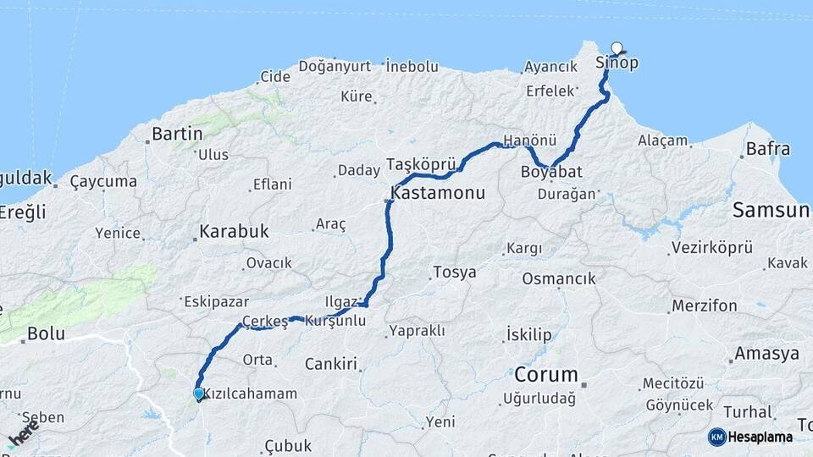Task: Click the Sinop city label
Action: click(x=617, y=63)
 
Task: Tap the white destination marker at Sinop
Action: click(x=617, y=48)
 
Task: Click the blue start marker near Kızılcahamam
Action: click(x=198, y=394)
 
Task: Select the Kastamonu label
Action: click(x=438, y=193)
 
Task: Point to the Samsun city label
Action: click(x=771, y=210)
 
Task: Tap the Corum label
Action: click(x=545, y=374)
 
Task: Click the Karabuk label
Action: click(x=234, y=231)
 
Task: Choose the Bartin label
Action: click(x=177, y=134)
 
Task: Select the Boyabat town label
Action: click(x=551, y=171)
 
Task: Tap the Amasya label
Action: click(x=767, y=354)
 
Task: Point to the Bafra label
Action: click(x=768, y=149)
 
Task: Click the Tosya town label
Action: click(x=454, y=273)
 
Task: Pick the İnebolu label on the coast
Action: click(x=412, y=65)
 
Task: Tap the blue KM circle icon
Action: click(x=716, y=437)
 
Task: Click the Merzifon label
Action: click(x=704, y=306)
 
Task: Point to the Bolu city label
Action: click(x=46, y=333)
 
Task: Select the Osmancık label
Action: click(x=559, y=278)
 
